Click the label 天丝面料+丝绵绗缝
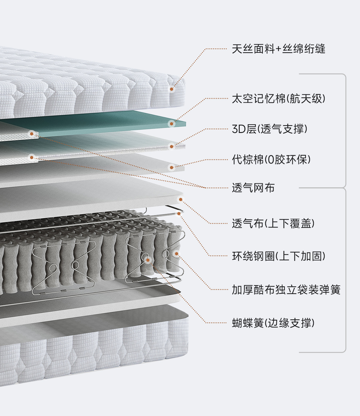[278, 49]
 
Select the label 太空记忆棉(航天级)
[278, 98]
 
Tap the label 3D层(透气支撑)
[269, 129]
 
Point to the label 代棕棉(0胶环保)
[271, 159]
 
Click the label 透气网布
[253, 188]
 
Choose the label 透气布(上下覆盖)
[273, 223]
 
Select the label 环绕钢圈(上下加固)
[278, 256]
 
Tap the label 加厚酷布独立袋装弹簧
[286, 290]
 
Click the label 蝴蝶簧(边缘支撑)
[273, 323]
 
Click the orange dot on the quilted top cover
[172, 89]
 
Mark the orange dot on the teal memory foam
[172, 124]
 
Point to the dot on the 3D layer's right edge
[172, 146]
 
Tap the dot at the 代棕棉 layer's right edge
[172, 167]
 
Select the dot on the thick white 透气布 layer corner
[181, 199]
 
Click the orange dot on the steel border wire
[179, 213]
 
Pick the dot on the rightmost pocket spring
[177, 254]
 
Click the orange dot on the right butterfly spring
[147, 260]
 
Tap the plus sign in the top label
[278, 49]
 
